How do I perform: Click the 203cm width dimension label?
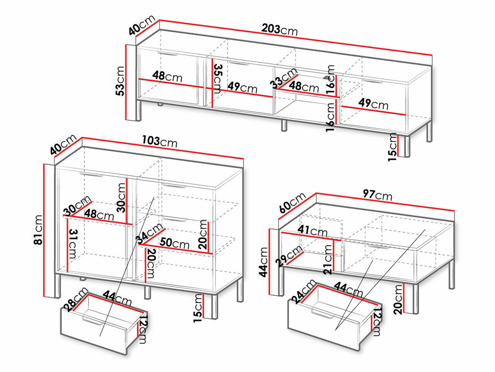(x=279, y=30)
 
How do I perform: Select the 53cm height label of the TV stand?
(x=120, y=81)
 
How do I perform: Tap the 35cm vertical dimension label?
(x=218, y=79)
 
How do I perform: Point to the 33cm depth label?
(x=284, y=78)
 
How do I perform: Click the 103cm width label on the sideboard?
(x=160, y=142)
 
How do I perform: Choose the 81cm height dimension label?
(x=38, y=230)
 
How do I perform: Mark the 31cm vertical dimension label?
(x=73, y=244)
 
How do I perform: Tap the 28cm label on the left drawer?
(x=75, y=299)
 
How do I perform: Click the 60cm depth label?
(x=292, y=203)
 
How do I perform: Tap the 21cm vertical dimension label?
(x=327, y=260)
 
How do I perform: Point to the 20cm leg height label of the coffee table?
(x=398, y=299)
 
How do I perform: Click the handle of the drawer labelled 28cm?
(x=93, y=321)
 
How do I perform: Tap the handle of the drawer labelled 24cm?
(x=323, y=314)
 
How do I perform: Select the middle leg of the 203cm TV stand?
(x=284, y=126)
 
